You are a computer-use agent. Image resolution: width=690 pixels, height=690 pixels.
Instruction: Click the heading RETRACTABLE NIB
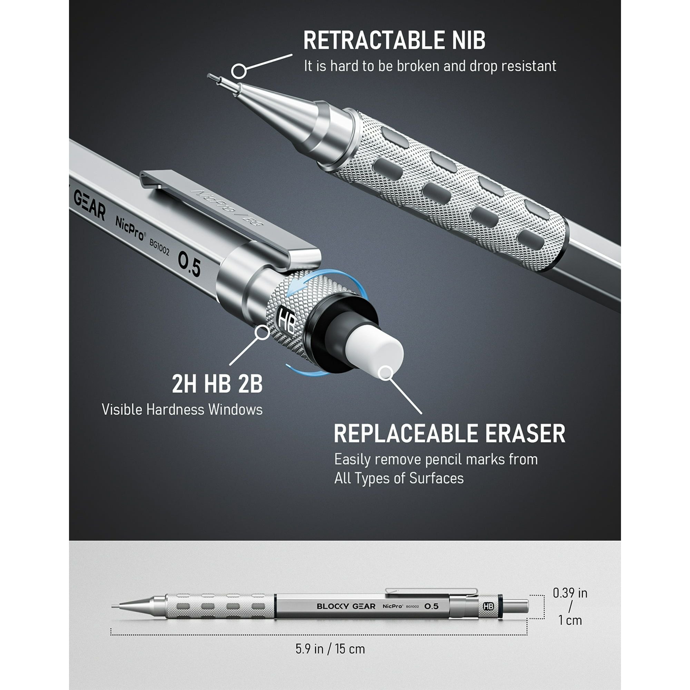394,40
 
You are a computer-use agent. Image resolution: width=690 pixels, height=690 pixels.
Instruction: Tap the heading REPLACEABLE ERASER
450,434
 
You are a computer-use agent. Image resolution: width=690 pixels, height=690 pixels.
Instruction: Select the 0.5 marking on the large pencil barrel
189,264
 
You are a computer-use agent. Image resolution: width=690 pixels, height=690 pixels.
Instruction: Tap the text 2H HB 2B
217,384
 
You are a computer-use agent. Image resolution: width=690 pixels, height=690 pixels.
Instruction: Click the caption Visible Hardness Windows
182,410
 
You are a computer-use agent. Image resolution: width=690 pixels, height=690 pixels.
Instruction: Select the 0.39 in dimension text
570,593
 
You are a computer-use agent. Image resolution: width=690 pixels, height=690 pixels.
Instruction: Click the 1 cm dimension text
570,620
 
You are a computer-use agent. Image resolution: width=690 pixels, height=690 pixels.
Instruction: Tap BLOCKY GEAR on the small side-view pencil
346,606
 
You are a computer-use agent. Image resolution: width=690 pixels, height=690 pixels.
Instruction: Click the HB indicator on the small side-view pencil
488,606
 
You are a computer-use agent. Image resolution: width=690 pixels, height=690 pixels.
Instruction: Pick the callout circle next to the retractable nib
239,71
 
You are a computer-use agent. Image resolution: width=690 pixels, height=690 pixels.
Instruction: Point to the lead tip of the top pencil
208,75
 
